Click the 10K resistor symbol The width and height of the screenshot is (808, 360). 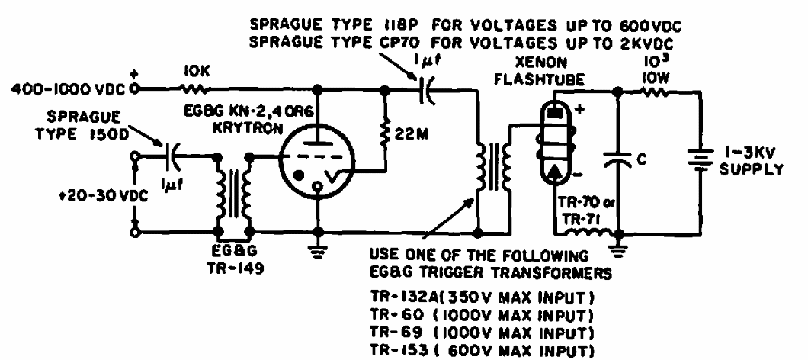tap(195, 89)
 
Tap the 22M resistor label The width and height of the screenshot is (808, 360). tap(409, 134)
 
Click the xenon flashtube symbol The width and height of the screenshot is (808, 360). tap(553, 143)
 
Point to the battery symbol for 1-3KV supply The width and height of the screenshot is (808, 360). tap(701, 159)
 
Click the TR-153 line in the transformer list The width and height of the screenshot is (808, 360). tap(479, 351)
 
